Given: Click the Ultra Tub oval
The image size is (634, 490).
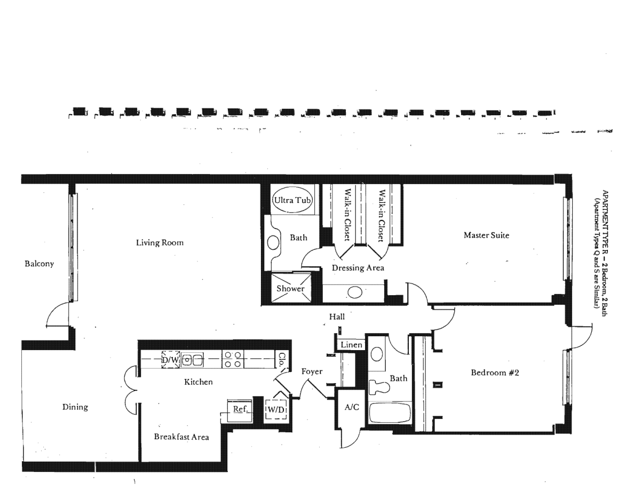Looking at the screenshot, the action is point(292,200).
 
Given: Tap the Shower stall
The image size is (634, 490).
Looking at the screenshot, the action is point(291,288).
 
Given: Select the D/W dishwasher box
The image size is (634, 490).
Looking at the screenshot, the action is point(171,359).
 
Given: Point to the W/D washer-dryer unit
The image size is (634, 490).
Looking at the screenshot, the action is point(276,409).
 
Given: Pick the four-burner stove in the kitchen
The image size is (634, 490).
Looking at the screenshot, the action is point(233,359).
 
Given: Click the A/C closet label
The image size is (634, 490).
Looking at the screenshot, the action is point(352,407).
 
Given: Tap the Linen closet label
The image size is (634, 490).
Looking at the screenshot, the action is point(351,345).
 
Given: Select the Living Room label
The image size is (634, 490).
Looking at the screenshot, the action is point(160,242).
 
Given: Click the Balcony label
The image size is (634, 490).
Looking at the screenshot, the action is point(39,264).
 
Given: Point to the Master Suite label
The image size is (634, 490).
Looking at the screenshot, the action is point(486,235).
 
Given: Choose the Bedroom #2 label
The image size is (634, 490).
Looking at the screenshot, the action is point(495,373).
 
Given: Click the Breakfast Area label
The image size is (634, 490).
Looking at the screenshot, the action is point(181,437).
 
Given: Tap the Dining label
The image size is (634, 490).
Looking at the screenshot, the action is point(75,407).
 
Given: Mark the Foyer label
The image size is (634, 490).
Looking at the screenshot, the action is point(312,372).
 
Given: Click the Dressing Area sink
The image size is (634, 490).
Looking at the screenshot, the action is point(355,293).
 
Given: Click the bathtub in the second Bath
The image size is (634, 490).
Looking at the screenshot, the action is point(390,413).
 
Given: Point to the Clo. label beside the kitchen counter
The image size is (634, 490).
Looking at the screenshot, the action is point(281,359).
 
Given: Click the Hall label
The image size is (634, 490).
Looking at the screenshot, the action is point(337,317).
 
